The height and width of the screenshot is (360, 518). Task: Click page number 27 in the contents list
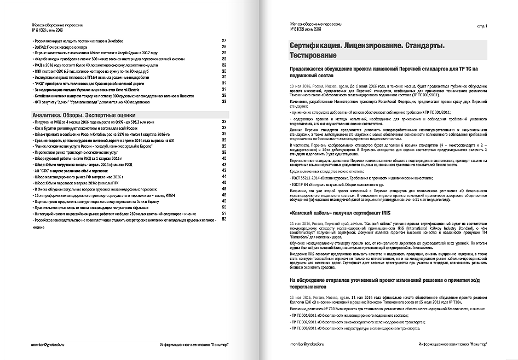(x=224, y=41)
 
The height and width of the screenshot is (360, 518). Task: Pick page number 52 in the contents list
(x=224, y=219)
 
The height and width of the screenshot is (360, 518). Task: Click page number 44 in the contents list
(x=224, y=176)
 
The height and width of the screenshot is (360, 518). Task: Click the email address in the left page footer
(x=48, y=344)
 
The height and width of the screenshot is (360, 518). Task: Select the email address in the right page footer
(x=308, y=344)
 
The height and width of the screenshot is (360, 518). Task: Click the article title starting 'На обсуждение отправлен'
(x=378, y=283)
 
